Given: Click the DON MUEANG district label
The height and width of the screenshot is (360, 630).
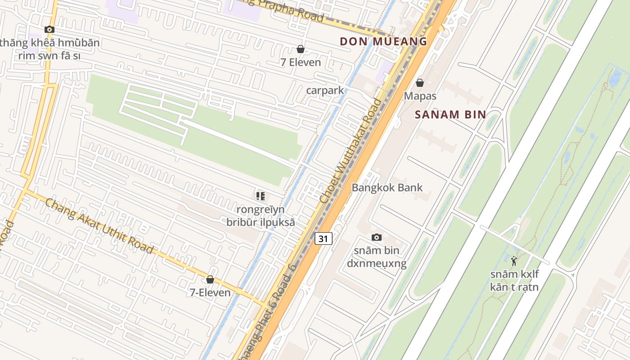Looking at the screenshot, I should (383, 41).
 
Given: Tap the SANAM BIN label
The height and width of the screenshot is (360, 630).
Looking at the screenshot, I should (450, 114).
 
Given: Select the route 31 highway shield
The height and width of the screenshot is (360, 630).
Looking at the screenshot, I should (323, 238).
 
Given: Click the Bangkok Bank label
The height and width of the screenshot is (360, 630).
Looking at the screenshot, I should (387, 187).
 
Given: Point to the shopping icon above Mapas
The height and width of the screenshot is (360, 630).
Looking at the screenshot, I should (420, 83).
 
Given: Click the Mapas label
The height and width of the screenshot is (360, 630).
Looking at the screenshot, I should (420, 96).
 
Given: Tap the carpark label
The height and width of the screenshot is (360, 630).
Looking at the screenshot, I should (325, 90).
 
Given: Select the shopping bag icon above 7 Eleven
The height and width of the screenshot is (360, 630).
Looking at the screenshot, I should (300, 49).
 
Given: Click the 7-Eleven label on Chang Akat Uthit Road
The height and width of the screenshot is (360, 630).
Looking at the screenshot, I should (210, 292).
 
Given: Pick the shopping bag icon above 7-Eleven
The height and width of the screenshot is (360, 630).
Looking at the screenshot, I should (210, 279).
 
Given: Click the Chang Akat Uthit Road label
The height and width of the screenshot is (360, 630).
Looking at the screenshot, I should (99, 226).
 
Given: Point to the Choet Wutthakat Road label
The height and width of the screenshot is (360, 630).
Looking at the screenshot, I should (351, 150).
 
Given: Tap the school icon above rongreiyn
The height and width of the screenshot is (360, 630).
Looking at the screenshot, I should (260, 196).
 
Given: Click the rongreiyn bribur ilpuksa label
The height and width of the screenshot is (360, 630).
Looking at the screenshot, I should (261, 216).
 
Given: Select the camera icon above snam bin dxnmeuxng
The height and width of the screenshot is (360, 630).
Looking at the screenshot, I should (377, 237).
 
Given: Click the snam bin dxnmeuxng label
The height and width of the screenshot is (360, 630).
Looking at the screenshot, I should (377, 257).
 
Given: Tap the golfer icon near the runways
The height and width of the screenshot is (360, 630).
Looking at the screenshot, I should (514, 260).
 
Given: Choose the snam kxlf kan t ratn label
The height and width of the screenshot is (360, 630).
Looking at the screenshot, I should (514, 280).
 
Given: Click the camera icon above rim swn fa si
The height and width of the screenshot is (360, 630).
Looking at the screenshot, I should (49, 30).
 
